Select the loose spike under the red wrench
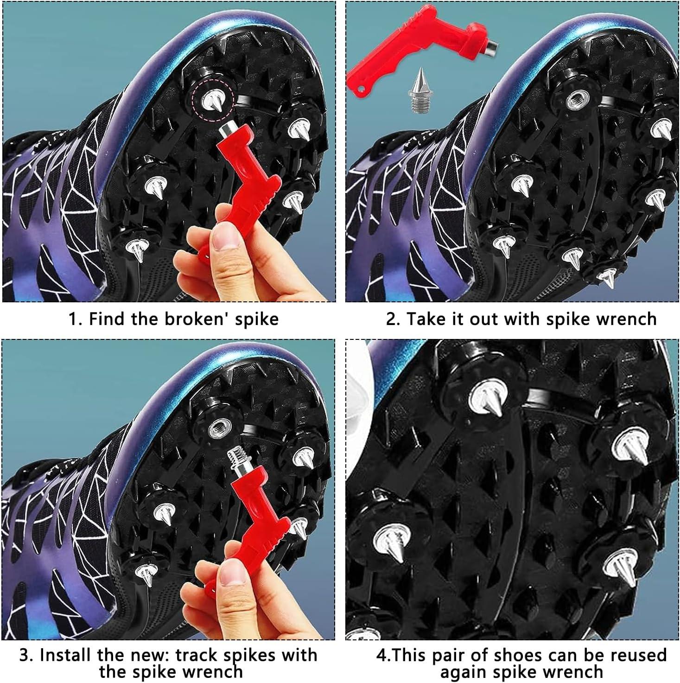coord(421,89)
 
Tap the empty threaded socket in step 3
coord(216,425)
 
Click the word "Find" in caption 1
coord(107,319)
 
